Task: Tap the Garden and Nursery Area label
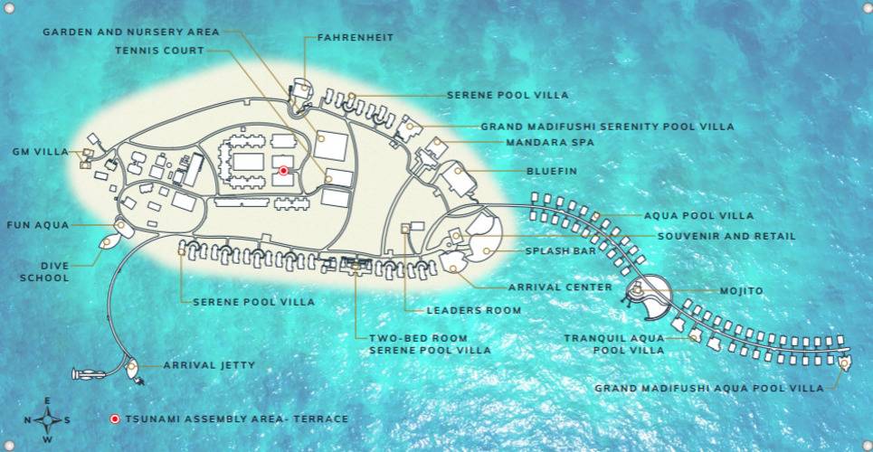click(131, 32)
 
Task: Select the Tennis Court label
click(159, 51)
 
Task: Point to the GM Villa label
click(39, 152)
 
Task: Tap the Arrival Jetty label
click(209, 365)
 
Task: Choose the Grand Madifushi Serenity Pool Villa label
click(607, 127)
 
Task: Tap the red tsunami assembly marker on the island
click(283, 170)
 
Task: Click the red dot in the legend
click(115, 419)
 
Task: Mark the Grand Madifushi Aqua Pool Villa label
click(708, 388)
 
